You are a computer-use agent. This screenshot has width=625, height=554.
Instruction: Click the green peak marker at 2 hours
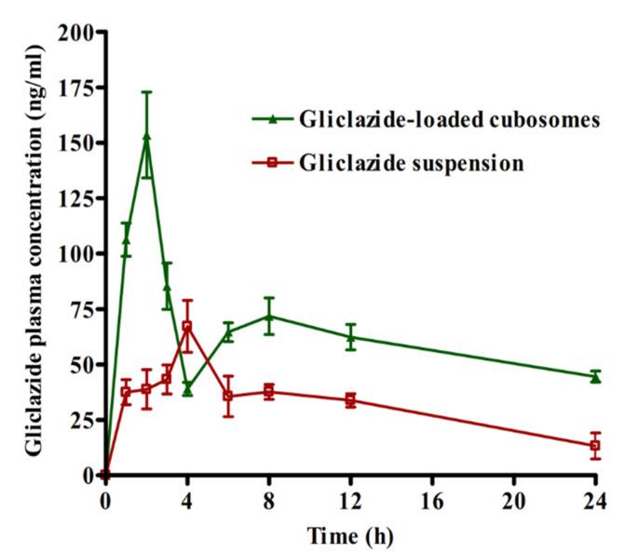click(146, 137)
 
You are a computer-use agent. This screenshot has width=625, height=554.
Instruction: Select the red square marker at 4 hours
click(187, 327)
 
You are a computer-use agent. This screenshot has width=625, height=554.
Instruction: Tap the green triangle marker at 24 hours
click(595, 377)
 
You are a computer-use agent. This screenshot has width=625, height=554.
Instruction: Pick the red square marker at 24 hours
click(595, 446)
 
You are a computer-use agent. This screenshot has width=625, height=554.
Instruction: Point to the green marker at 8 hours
click(269, 316)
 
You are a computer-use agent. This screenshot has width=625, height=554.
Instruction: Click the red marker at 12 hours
click(350, 400)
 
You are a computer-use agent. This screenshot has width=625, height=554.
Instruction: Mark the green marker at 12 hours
click(350, 336)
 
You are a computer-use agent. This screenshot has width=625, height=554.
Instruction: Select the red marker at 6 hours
click(228, 396)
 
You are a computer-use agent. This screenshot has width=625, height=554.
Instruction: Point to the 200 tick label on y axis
click(77, 33)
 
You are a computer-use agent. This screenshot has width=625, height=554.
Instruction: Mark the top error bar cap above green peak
click(146, 92)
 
